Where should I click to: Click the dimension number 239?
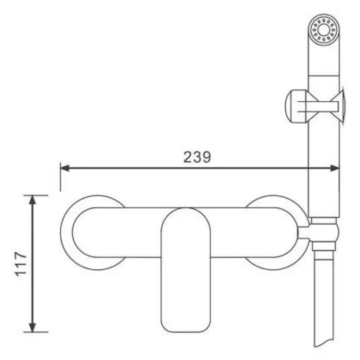point(197,157)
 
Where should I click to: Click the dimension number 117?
point(21,264)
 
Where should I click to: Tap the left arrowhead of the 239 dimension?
point(64,168)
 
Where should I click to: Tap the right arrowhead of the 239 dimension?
point(335,168)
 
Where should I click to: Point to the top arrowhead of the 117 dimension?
point(32,200)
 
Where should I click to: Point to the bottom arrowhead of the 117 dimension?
point(32,328)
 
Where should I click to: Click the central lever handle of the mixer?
point(186,270)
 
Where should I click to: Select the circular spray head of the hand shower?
point(324,30)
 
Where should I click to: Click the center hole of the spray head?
point(324,30)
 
